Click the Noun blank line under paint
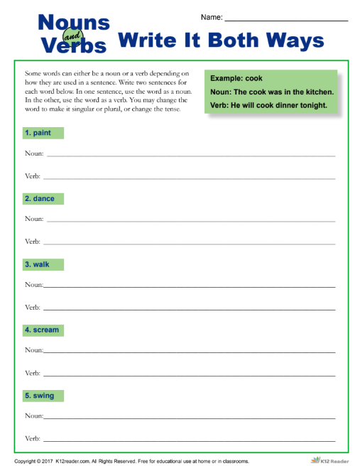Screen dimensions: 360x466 click(190, 154)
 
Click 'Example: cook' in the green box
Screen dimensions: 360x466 click(236, 79)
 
